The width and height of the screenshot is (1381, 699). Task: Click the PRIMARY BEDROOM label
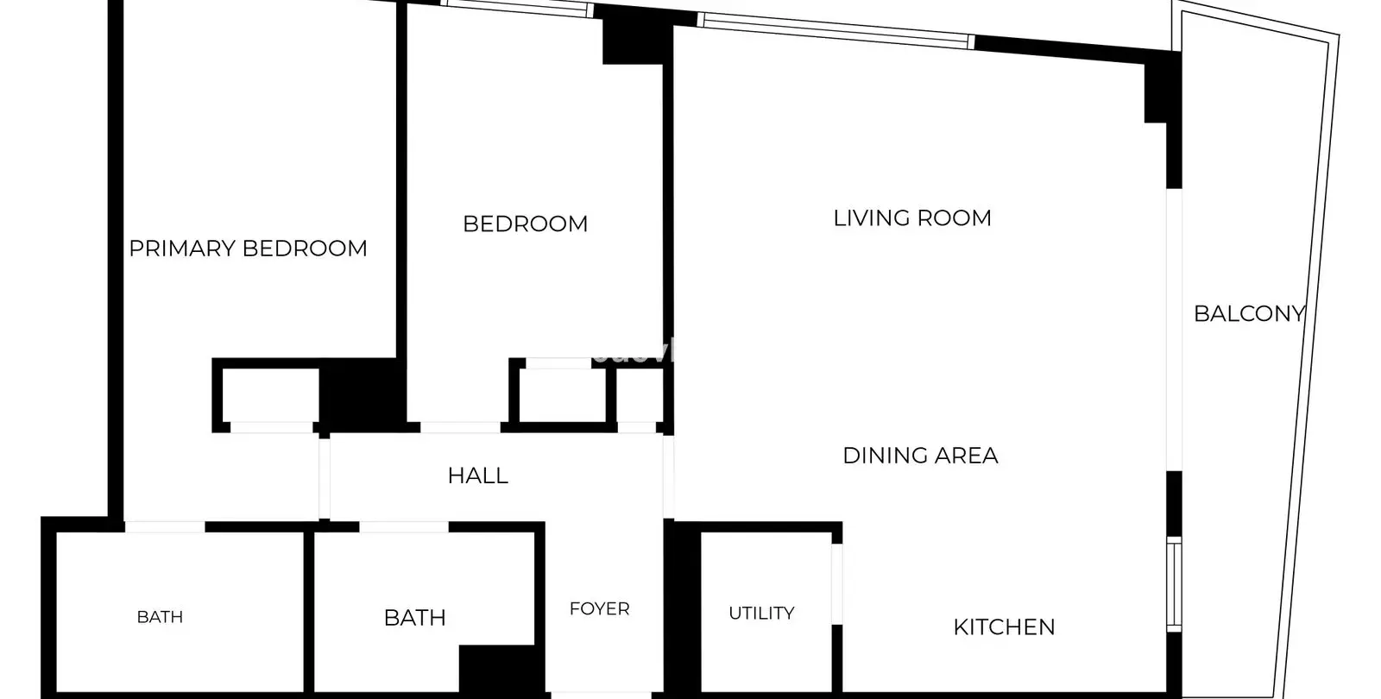pos(248,249)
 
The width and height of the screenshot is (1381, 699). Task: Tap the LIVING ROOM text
pos(911,218)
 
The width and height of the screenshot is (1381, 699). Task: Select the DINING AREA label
pos(920,456)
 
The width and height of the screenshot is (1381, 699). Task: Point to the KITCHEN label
pos(1004,627)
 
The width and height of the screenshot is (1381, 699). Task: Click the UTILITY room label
pos(761,613)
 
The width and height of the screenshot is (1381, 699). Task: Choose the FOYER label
pos(599,609)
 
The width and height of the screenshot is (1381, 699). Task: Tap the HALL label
pos(478,475)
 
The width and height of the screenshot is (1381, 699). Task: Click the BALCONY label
pos(1249,314)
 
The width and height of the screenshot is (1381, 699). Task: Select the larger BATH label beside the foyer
pos(414,618)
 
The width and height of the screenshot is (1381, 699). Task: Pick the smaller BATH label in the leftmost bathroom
pos(160,617)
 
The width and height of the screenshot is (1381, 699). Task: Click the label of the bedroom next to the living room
pos(526,224)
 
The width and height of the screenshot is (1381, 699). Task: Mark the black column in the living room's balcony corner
pos(1162,87)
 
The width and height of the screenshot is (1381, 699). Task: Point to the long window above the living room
pos(836,30)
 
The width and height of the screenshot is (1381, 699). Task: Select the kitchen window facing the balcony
pos(1174,584)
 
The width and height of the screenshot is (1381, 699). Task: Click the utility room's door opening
pos(836,583)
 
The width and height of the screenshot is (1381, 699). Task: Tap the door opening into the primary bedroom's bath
pos(165,527)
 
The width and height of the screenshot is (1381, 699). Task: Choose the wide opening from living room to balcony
pos(1174,330)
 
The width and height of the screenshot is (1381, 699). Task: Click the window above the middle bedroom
pos(517,8)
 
